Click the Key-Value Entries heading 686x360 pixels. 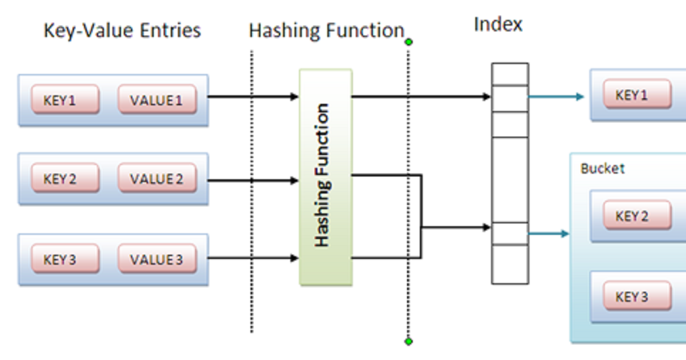[x=122, y=31]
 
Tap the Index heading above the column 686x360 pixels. [x=498, y=24]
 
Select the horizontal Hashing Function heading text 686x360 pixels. [x=326, y=31]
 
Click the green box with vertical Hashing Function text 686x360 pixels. [x=325, y=176]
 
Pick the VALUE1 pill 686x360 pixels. [x=156, y=100]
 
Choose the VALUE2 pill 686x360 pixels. [x=156, y=179]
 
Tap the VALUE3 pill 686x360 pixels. [x=156, y=260]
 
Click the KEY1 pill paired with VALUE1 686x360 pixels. [x=64, y=100]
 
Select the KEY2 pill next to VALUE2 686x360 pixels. [x=64, y=179]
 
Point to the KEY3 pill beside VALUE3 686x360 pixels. [x=64, y=260]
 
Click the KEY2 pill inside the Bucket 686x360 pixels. [x=636, y=216]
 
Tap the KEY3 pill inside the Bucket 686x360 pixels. [x=636, y=297]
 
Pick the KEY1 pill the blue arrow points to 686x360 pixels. [x=636, y=95]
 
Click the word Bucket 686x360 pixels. [x=602, y=169]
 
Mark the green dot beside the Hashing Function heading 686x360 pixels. [x=408, y=42]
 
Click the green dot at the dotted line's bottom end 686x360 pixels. [x=408, y=342]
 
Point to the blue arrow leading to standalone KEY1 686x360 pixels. [x=556, y=97]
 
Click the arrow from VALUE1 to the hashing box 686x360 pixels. [x=253, y=97]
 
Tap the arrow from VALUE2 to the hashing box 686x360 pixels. [x=253, y=181]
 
